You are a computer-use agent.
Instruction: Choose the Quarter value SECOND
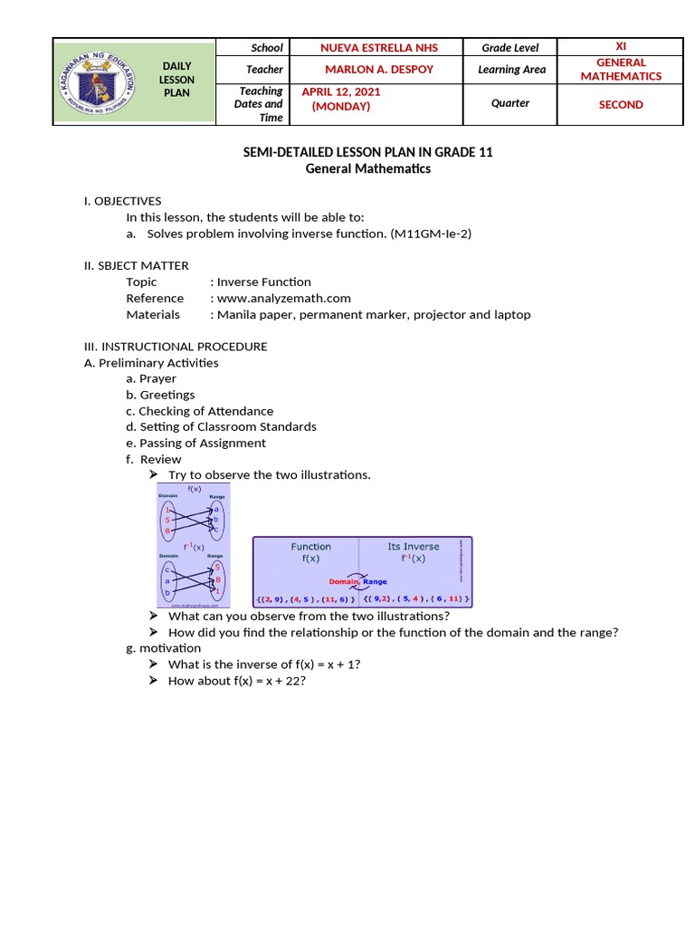pyautogui.click(x=620, y=105)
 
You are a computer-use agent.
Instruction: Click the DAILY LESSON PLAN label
pyautogui.click(x=176, y=80)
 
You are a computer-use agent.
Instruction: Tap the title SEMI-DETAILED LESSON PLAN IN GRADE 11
pyautogui.click(x=367, y=152)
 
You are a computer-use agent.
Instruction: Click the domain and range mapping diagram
pyautogui.click(x=194, y=544)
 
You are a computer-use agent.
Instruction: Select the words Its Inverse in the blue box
pyautogui.click(x=413, y=547)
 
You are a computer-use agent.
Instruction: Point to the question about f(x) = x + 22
pyautogui.click(x=237, y=681)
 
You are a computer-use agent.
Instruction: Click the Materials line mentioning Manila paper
pyautogui.click(x=371, y=314)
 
